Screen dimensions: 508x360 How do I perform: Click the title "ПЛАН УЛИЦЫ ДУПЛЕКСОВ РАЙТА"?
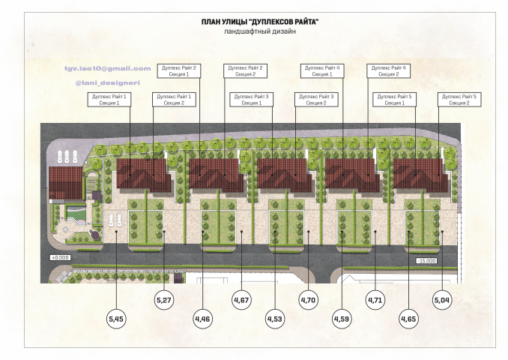click(260, 22)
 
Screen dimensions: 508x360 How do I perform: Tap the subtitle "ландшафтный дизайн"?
click(260, 31)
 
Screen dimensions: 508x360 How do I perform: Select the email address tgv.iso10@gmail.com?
click(108, 68)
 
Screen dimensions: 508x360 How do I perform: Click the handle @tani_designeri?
click(108, 82)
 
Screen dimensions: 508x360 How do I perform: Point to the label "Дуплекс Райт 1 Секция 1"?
click(109, 100)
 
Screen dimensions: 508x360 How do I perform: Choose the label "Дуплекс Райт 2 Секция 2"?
click(245, 71)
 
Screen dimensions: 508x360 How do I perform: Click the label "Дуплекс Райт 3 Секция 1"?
click(252, 100)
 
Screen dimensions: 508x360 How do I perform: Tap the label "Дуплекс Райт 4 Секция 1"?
click(322, 71)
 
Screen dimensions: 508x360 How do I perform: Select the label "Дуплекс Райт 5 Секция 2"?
click(459, 100)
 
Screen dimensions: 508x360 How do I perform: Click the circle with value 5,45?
click(116, 319)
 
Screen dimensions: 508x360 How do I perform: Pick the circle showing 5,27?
click(164, 300)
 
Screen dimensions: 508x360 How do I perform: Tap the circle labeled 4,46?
click(202, 319)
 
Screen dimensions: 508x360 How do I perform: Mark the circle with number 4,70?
click(308, 300)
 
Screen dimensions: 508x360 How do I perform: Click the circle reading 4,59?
click(342, 319)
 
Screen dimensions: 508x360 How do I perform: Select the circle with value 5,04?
click(442, 300)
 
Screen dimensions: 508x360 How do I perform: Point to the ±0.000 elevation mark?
click(60, 257)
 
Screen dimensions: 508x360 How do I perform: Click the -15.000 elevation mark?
click(426, 261)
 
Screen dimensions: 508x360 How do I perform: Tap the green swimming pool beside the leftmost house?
click(76, 214)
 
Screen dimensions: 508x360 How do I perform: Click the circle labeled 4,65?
click(408, 319)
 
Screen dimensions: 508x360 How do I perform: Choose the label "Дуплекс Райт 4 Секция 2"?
click(388, 71)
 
